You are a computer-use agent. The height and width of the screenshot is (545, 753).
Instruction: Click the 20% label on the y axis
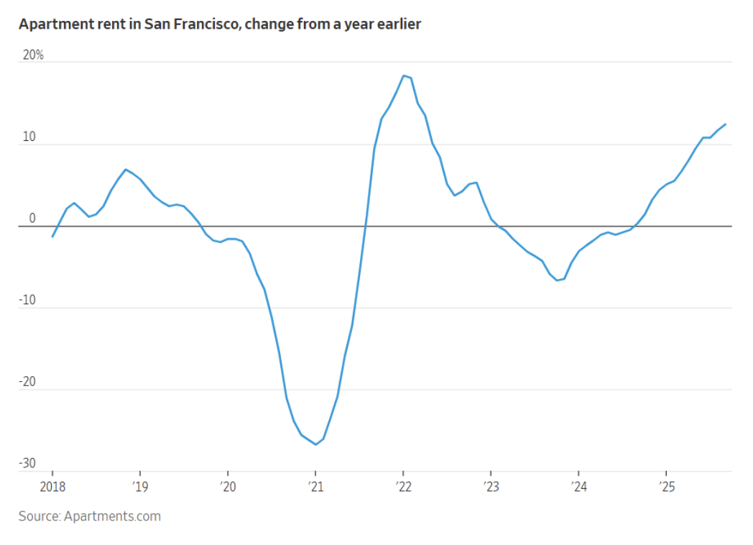point(33,55)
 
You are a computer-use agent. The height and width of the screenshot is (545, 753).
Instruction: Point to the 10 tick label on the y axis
point(29,137)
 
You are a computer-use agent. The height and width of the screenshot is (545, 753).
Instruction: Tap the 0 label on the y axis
point(32,219)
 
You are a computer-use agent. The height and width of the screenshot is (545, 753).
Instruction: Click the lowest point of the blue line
point(315,444)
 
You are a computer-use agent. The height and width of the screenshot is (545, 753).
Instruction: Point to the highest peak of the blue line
point(403,75)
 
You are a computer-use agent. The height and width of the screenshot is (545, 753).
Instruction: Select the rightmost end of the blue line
point(725,124)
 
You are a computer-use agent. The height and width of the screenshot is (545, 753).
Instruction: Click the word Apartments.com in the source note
point(112,516)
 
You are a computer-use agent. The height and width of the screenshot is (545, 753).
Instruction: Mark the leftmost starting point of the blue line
point(52,237)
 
